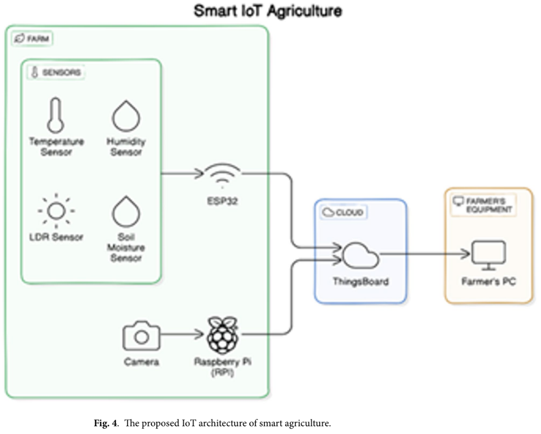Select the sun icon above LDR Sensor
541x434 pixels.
click(57, 211)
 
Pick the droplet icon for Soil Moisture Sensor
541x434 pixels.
click(125, 211)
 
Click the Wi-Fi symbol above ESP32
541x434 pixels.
click(222, 175)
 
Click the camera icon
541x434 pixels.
click(141, 336)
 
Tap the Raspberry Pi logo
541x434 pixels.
click(222, 334)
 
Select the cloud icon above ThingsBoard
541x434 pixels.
click(361, 256)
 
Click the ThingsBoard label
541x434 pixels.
click(361, 281)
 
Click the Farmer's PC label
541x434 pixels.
click(489, 281)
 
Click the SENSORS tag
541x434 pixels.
click(57, 73)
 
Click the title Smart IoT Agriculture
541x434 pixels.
click(268, 11)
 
